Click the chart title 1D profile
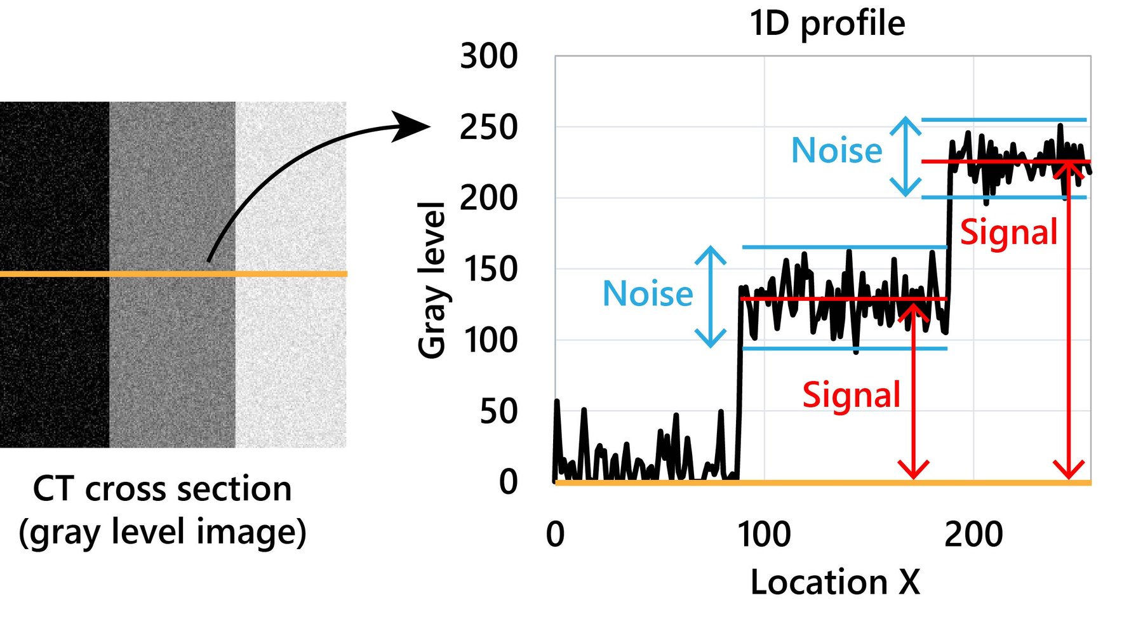click(x=827, y=24)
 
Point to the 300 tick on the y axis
click(x=488, y=57)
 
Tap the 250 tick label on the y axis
click(x=488, y=128)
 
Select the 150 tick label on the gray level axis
click(x=490, y=270)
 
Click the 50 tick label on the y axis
click(x=498, y=412)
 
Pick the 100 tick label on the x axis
click(x=764, y=534)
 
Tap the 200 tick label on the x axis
click(x=973, y=534)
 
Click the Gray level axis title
click(x=432, y=280)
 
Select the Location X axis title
click(x=835, y=582)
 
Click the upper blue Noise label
click(x=836, y=151)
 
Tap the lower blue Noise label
click(x=647, y=294)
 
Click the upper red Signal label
click(x=1008, y=232)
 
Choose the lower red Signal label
click(x=851, y=395)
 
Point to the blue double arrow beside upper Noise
click(x=905, y=156)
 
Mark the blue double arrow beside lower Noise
click(x=710, y=296)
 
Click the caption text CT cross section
click(x=162, y=489)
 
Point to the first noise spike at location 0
click(x=557, y=403)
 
